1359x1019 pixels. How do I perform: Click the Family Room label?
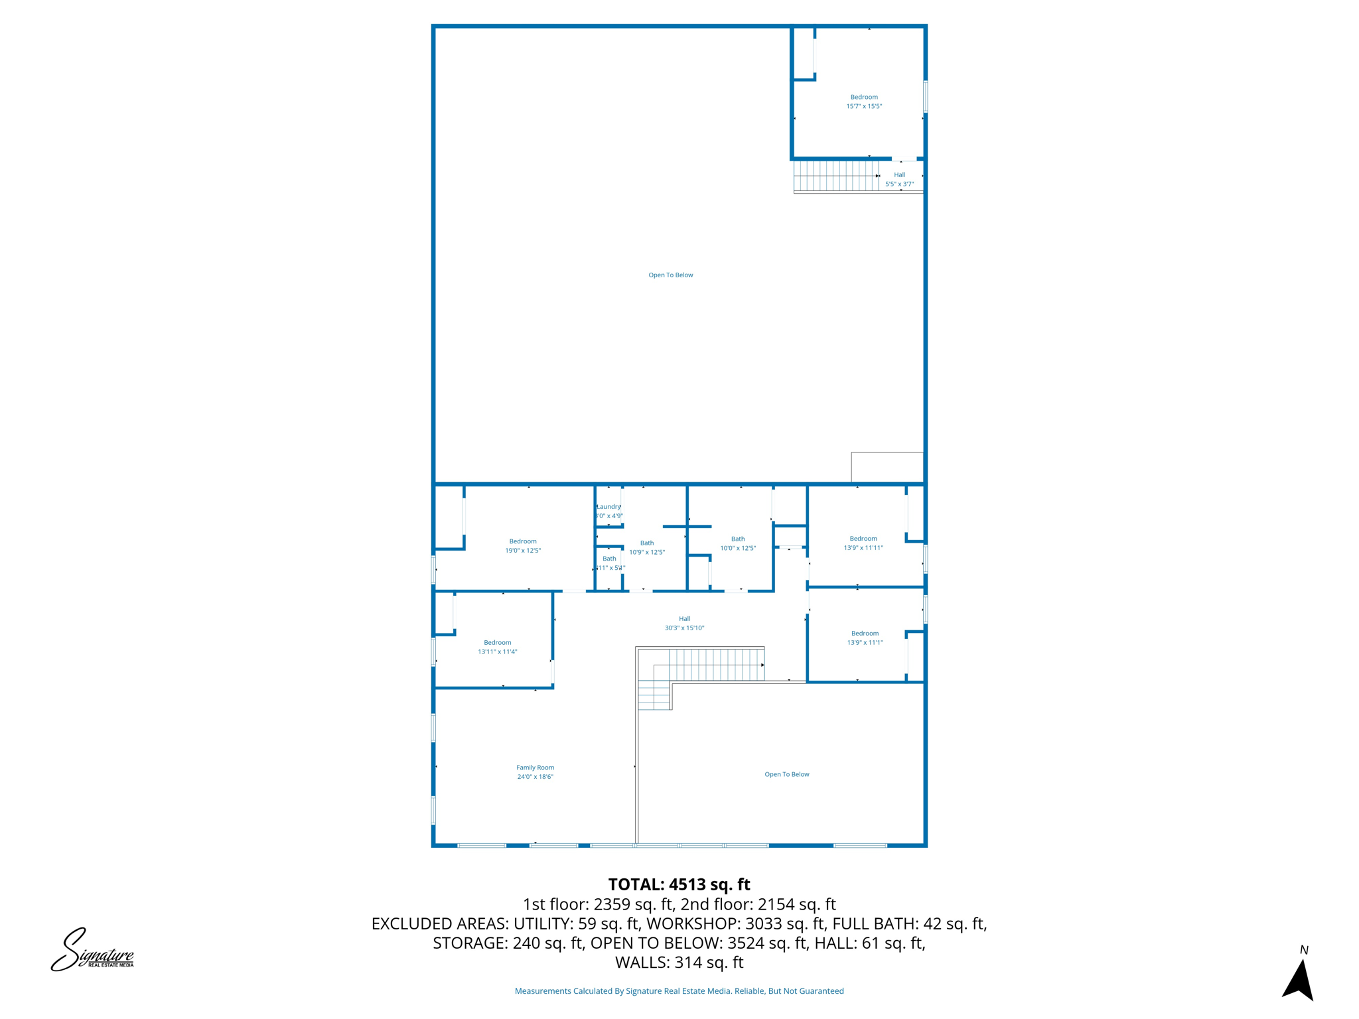[535, 768]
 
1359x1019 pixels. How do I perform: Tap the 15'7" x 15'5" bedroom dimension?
[863, 106]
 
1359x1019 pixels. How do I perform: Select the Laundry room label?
[608, 507]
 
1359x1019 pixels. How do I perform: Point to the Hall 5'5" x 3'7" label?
[899, 179]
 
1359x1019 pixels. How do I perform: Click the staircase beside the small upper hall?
[835, 176]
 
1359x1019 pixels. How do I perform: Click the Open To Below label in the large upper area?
[670, 275]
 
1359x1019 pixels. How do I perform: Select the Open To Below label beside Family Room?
[786, 774]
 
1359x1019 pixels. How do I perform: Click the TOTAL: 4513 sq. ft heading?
[679, 884]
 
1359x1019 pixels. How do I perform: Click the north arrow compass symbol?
[1299, 978]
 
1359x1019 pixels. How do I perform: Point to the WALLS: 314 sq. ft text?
[679, 962]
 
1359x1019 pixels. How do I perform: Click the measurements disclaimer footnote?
[679, 991]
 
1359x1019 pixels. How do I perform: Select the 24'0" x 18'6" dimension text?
[535, 777]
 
